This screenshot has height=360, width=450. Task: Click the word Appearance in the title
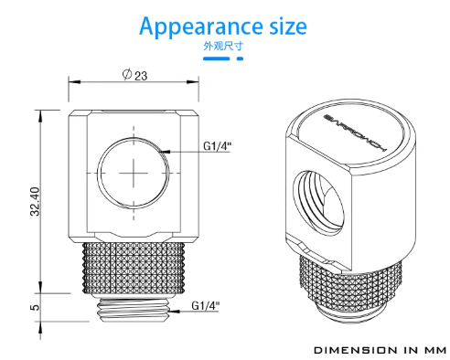201,26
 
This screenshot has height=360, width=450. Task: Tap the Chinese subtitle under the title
223,46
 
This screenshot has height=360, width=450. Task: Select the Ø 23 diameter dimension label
134,75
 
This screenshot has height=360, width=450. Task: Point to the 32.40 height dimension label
35,201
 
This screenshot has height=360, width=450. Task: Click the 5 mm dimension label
35,307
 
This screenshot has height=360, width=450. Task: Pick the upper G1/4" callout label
218,146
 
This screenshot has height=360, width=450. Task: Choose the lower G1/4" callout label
206,305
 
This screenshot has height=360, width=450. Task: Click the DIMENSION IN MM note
380,350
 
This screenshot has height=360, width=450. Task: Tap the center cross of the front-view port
134,173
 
